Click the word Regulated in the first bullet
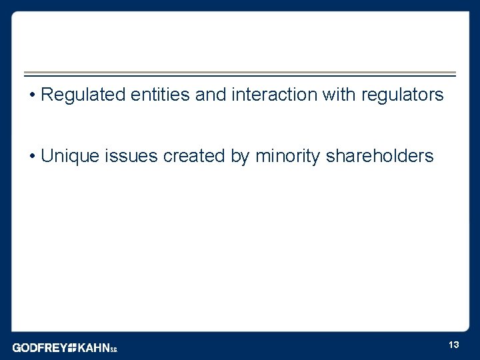(81, 95)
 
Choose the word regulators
(402, 95)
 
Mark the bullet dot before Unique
(32, 157)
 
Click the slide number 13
(454, 345)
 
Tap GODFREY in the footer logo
(39, 347)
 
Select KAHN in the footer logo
(93, 347)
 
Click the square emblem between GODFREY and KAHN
(72, 347)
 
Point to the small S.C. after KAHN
(114, 349)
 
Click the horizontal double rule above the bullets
(240, 74)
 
